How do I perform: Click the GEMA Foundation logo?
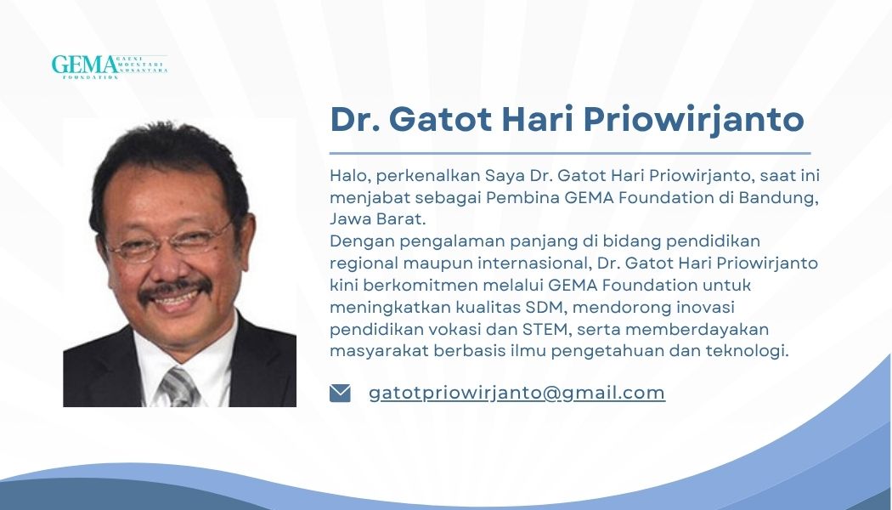[x=110, y=66]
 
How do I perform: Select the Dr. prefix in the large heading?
[x=355, y=120]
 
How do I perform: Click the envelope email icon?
[x=340, y=394]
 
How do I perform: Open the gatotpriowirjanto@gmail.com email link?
[x=517, y=394]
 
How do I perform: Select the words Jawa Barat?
[x=378, y=219]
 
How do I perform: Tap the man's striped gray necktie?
[x=178, y=387]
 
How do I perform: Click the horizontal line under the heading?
[x=570, y=153]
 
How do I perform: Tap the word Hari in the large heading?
[x=538, y=120]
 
